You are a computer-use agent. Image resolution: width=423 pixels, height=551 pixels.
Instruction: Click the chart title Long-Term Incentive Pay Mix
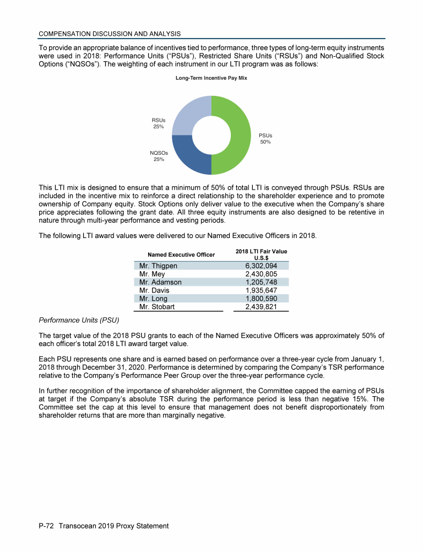(211, 78)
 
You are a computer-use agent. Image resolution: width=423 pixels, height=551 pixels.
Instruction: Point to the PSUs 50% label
(265, 138)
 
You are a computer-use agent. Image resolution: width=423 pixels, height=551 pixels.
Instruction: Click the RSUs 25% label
(159, 123)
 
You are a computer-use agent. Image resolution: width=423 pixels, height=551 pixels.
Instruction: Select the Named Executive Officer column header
(173, 255)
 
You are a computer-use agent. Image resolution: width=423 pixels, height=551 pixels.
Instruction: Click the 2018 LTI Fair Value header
(262, 255)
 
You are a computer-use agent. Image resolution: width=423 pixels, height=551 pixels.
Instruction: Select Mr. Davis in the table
(155, 290)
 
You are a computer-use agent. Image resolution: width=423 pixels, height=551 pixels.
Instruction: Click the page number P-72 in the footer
(49, 526)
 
